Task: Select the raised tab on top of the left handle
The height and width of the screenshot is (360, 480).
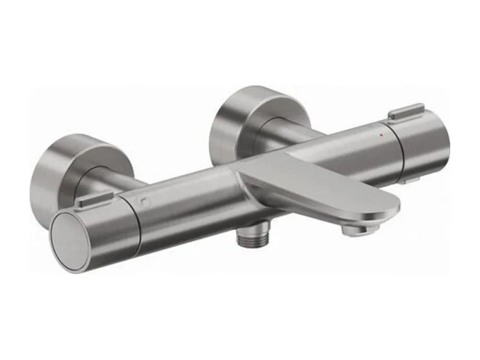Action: [x=95, y=199]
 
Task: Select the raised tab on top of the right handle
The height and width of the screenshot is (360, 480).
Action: [x=406, y=112]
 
